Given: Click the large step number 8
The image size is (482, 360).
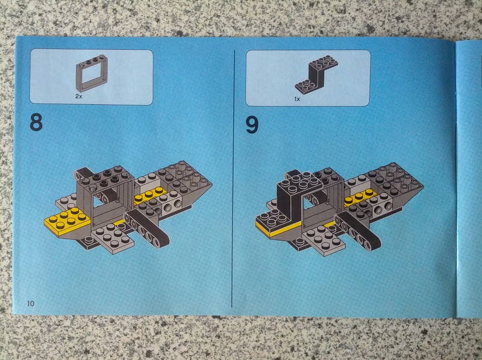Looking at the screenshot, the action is click(x=36, y=122).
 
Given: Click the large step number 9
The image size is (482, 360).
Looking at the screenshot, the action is click(x=252, y=125).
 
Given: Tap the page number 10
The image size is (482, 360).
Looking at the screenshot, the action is click(x=31, y=304).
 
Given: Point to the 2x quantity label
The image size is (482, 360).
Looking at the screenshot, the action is click(x=79, y=96).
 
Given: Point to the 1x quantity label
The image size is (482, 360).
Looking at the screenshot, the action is click(x=297, y=99).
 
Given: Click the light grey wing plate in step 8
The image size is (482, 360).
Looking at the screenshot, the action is click(x=113, y=238).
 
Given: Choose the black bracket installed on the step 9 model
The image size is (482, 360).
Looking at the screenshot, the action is click(x=290, y=197).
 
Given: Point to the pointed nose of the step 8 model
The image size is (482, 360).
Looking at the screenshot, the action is click(x=211, y=185).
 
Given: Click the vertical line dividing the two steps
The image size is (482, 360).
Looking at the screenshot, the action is click(x=233, y=178).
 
